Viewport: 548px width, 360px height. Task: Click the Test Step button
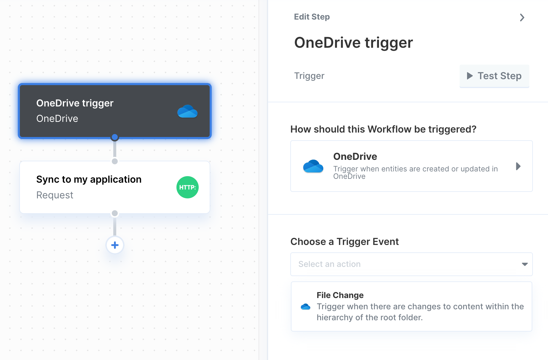(x=494, y=76)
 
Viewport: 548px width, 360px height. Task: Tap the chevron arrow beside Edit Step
(x=522, y=17)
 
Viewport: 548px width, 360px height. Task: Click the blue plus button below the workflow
(x=115, y=245)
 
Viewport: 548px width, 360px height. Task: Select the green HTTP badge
(x=187, y=187)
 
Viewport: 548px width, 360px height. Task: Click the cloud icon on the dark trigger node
(x=187, y=111)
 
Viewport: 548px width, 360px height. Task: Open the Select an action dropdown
(x=411, y=264)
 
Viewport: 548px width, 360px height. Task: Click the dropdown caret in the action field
(x=525, y=264)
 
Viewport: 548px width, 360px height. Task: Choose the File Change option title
(x=340, y=295)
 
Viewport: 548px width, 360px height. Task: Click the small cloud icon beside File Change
(x=305, y=307)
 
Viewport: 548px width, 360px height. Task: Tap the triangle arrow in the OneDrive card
(x=518, y=166)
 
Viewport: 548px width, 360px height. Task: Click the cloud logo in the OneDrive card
(x=313, y=166)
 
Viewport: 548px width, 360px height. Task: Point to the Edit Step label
(x=312, y=17)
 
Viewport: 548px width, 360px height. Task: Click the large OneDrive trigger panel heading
(x=353, y=42)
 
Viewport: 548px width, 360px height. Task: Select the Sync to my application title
(x=89, y=179)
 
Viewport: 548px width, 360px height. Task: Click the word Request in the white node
(x=55, y=195)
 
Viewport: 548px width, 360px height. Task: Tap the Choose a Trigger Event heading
(x=345, y=242)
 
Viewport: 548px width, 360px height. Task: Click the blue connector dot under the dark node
(x=115, y=137)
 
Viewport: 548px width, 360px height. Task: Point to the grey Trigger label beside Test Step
(x=309, y=76)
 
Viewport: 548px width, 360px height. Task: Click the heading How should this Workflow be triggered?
(x=383, y=129)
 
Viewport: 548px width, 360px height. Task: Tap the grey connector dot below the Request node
(x=115, y=213)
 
